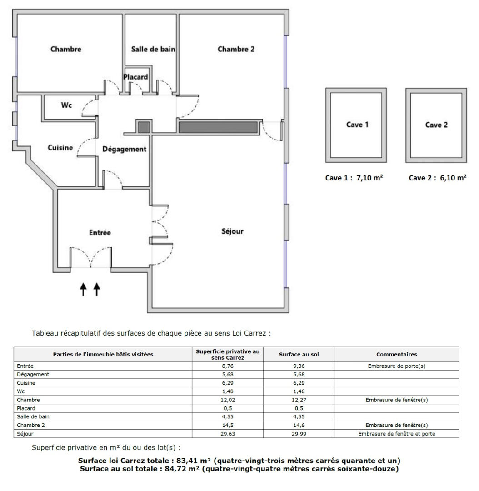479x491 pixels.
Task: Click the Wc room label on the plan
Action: (66, 105)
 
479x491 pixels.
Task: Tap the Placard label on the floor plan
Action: (135, 77)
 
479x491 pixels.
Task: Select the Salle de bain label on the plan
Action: (153, 49)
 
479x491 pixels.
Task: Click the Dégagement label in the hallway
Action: (124, 150)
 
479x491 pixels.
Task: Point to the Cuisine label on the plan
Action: (60, 148)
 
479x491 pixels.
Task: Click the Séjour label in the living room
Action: (232, 231)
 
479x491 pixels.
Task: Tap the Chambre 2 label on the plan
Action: (236, 49)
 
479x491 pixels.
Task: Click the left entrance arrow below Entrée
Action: (83, 289)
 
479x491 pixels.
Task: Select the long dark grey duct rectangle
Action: (218, 127)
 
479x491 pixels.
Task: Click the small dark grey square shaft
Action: (144, 127)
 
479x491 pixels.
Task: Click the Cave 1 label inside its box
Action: (357, 125)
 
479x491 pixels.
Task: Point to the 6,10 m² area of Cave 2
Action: (454, 178)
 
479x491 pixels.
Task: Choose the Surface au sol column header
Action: (299, 355)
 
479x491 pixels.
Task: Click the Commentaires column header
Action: (397, 355)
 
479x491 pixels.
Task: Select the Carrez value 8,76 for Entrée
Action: (228, 366)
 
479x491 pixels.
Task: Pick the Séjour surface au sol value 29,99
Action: (299, 434)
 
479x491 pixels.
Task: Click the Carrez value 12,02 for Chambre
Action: (228, 400)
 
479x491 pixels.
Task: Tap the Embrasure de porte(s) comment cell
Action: (397, 366)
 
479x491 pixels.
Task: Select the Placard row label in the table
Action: (26, 408)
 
